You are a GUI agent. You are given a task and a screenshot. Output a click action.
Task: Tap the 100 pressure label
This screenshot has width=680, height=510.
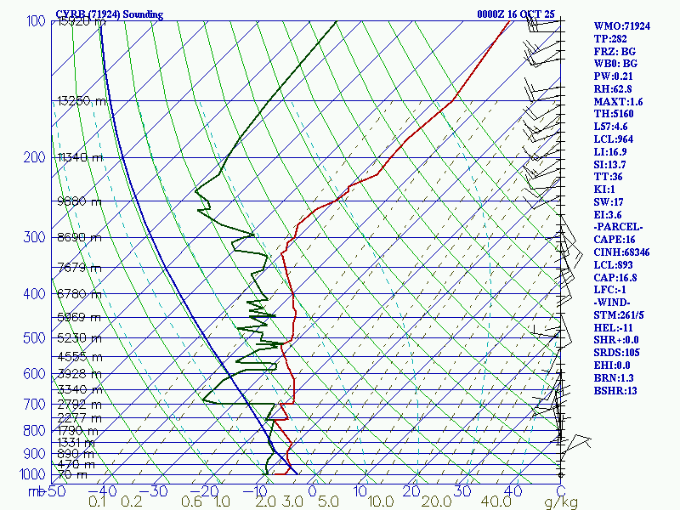coord(36,20)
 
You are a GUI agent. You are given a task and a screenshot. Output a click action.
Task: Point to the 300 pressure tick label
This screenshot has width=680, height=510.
coord(36,237)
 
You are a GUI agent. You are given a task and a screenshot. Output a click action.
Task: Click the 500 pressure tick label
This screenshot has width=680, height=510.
coord(36,338)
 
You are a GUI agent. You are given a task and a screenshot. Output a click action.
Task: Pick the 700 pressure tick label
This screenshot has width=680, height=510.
coord(36,405)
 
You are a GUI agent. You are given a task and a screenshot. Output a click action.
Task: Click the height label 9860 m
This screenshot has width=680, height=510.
coord(79,201)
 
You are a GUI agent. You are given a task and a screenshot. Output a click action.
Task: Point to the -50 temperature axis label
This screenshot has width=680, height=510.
coord(53,490)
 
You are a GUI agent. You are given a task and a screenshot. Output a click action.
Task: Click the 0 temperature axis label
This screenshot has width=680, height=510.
coord(312,490)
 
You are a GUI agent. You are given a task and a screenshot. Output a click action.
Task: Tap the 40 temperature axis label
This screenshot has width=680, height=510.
coord(513,490)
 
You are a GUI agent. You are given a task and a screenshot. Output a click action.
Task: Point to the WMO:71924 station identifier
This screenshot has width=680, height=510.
coord(621,26)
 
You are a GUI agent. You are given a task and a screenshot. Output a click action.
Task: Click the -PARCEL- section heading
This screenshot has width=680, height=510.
coord(618,227)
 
